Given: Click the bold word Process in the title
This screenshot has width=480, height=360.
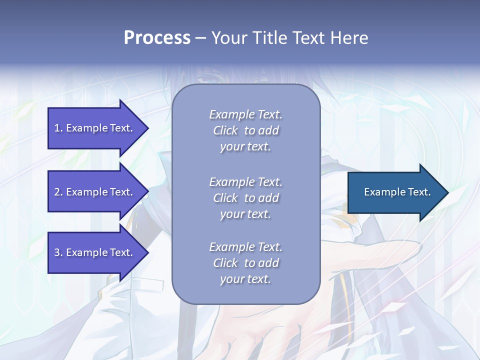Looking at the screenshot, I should click(x=157, y=38).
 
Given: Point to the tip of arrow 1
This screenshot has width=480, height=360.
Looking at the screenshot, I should click(x=147, y=128).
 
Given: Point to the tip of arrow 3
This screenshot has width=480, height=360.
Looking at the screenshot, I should click(x=147, y=252).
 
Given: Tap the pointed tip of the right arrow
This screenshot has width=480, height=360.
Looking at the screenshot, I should click(x=447, y=192).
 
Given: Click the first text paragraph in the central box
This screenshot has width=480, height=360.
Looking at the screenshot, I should click(x=245, y=130).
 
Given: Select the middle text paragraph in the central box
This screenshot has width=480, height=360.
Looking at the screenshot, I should click(x=245, y=198).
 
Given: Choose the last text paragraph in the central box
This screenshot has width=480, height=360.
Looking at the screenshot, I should click(x=245, y=263).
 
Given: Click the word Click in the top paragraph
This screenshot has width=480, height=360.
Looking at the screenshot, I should click(x=225, y=131).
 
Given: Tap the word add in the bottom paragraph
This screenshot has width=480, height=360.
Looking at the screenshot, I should click(x=269, y=263).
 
